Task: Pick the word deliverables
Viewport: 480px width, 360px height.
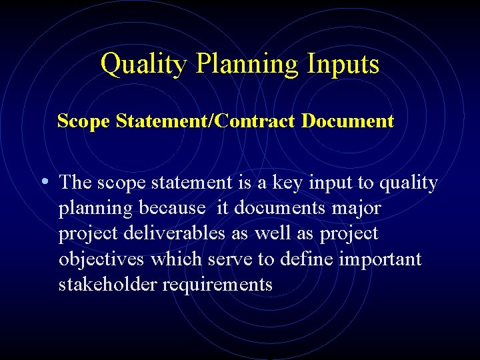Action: click(x=174, y=233)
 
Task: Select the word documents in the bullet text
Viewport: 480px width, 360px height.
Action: click(x=274, y=208)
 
